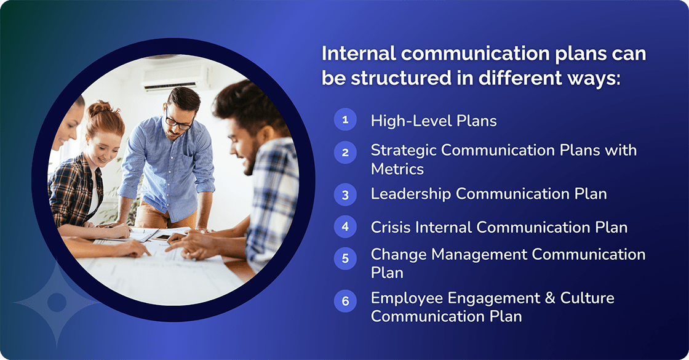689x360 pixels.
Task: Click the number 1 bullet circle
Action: tap(345, 119)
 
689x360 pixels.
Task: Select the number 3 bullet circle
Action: tap(345, 195)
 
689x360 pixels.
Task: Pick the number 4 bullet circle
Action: tap(345, 226)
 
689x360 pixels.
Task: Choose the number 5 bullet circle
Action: tap(345, 258)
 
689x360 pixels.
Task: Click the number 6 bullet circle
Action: tap(345, 301)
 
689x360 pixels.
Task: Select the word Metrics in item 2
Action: tap(397, 168)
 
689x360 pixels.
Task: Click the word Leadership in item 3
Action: tap(411, 194)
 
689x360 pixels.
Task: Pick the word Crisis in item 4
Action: tap(391, 227)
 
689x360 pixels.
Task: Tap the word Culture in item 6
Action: tap(587, 298)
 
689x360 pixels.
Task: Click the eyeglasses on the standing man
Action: tap(178, 122)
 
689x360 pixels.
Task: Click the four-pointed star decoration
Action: tap(57, 302)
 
